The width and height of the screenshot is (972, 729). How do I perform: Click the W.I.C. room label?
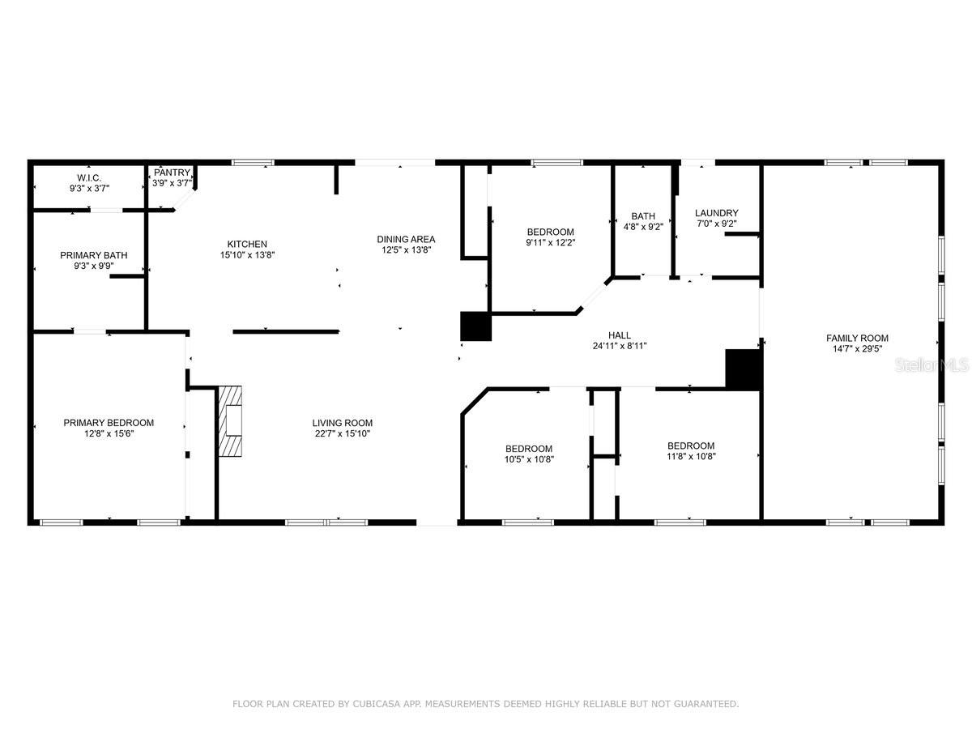pyautogui.click(x=88, y=177)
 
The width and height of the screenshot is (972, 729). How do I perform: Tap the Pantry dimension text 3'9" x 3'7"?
pyautogui.click(x=172, y=183)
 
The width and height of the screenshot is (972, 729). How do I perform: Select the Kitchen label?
pyautogui.click(x=247, y=244)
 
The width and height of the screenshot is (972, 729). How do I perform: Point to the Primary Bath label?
pyautogui.click(x=93, y=255)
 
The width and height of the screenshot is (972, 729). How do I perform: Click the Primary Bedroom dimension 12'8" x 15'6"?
pyautogui.click(x=109, y=433)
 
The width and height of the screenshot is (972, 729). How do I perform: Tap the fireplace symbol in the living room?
pyautogui.click(x=231, y=421)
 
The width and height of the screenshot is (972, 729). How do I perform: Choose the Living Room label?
pyautogui.click(x=343, y=422)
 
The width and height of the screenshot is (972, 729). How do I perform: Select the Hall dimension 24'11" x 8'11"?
pyautogui.click(x=619, y=346)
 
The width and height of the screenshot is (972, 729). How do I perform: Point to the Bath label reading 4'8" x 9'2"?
pyautogui.click(x=643, y=216)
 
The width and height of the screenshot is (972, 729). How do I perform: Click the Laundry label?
pyautogui.click(x=717, y=213)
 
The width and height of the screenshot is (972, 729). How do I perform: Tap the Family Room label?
pyautogui.click(x=857, y=338)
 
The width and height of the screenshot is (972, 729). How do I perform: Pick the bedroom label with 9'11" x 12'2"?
pyautogui.click(x=550, y=232)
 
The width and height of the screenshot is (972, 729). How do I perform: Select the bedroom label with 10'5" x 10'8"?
pyautogui.click(x=529, y=449)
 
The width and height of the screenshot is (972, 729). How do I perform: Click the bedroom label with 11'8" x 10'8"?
pyautogui.click(x=691, y=446)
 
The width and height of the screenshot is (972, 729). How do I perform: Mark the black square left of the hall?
pyautogui.click(x=476, y=326)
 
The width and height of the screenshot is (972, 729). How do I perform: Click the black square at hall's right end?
pyautogui.click(x=744, y=369)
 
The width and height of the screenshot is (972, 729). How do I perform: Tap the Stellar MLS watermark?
pyautogui.click(x=932, y=366)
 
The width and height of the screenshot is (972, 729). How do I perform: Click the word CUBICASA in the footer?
pyautogui.click(x=374, y=704)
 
